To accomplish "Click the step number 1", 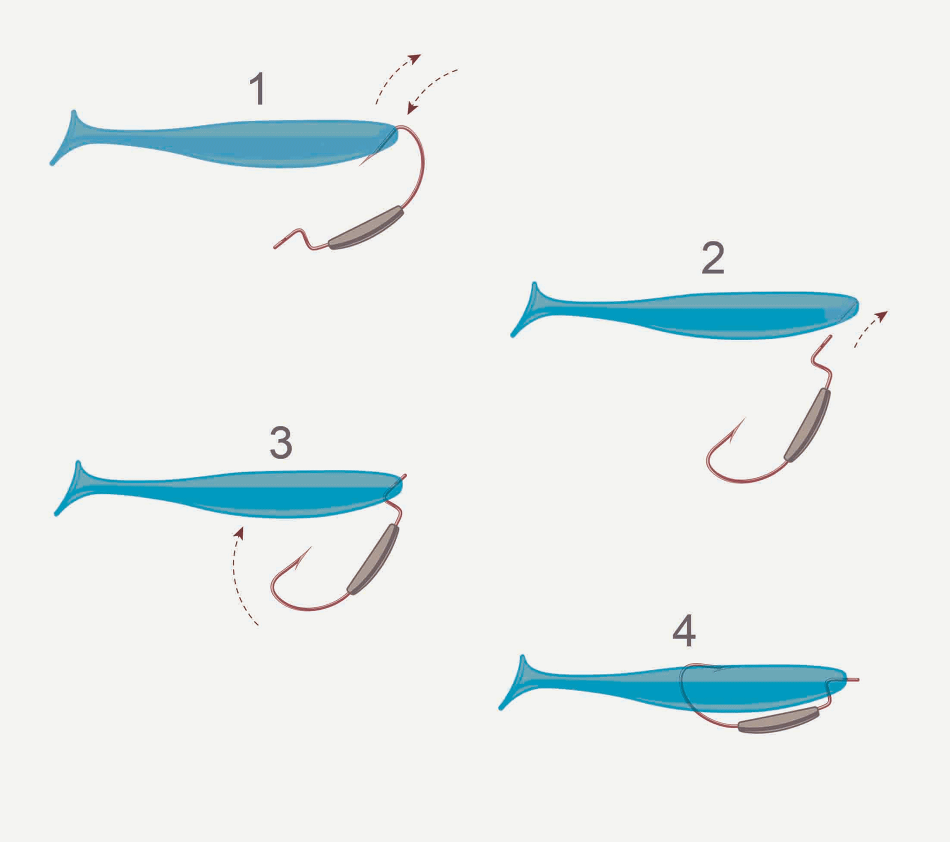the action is point(258,88).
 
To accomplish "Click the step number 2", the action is point(713,258).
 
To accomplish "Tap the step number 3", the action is point(280,442).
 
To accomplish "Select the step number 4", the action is point(684,630).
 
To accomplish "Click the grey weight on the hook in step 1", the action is point(366,228).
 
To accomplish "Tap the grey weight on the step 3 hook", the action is point(373,559).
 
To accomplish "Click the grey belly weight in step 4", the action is point(778,720).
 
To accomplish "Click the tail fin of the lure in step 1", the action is point(67,138).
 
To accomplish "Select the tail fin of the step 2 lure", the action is point(528,310).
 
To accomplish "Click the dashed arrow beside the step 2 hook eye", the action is point(870,328).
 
